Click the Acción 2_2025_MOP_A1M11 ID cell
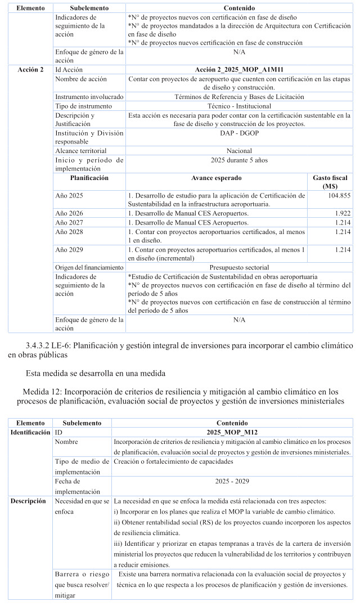pyautogui.click(x=238, y=69)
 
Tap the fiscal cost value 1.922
pyautogui.click(x=343, y=214)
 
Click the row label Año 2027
pyautogui.click(x=69, y=223)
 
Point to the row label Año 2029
pyautogui.click(x=69, y=249)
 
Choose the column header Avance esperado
pyautogui.click(x=217, y=178)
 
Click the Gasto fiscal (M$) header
pyautogui.click(x=330, y=182)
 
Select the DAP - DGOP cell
pyautogui.click(x=238, y=133)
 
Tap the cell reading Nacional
pyautogui.click(x=238, y=151)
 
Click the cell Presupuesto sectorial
pyautogui.click(x=238, y=267)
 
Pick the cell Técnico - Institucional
pyautogui.click(x=238, y=106)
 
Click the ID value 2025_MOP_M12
pyautogui.click(x=231, y=432)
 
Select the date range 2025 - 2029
pyautogui.click(x=231, y=481)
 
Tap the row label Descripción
pyautogui.click(x=28, y=501)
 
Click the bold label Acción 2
pyautogui.click(x=31, y=69)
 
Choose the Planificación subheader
pyautogui.click(x=89, y=178)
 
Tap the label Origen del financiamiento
pyautogui.click(x=89, y=267)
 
